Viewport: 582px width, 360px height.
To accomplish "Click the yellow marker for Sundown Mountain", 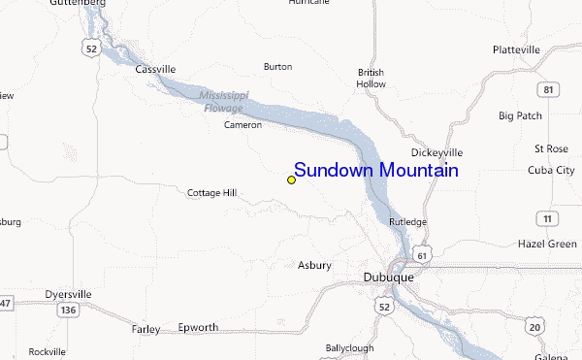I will click(291, 180).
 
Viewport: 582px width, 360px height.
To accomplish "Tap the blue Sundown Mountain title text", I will click(375, 171).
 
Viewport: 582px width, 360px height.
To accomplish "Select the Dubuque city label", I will click(388, 277).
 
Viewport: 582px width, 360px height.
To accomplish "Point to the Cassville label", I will click(155, 69).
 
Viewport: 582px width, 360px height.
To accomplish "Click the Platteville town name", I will click(515, 49).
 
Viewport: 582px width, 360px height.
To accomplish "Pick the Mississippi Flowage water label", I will click(223, 101).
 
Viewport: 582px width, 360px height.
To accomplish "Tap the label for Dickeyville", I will click(436, 152).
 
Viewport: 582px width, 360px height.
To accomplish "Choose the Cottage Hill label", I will click(211, 193).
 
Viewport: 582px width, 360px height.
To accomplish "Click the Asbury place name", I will click(314, 265).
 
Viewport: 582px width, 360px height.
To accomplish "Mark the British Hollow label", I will click(371, 78).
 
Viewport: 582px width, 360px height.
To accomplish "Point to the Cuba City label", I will click(550, 170).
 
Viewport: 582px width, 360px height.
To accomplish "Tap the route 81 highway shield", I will click(549, 90).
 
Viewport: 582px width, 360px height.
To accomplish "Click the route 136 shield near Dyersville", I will click(67, 310).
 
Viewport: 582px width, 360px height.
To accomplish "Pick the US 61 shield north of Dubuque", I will click(421, 254).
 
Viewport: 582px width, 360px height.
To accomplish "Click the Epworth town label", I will click(198, 327).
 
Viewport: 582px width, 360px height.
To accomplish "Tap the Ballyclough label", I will click(349, 346).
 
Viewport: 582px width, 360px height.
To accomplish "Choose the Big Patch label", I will click(520, 115).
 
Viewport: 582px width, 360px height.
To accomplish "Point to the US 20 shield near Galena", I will click(534, 327).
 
